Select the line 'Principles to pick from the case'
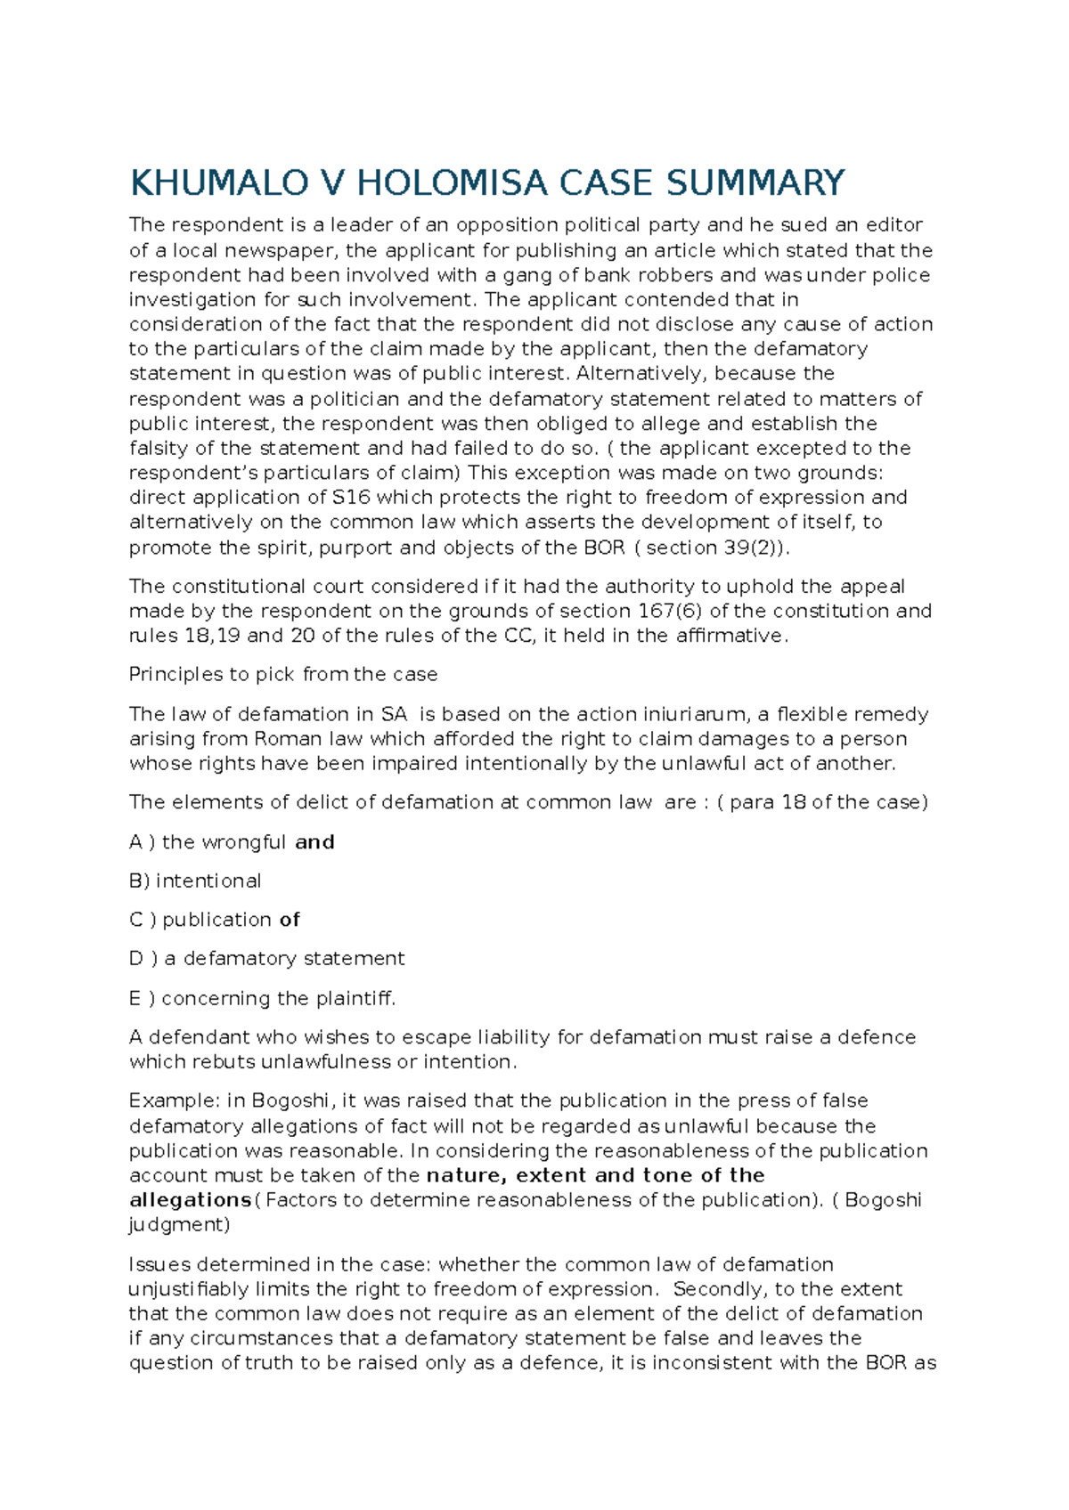click(283, 675)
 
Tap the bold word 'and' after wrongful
click(314, 842)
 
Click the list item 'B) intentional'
click(195, 881)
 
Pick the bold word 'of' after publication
click(290, 920)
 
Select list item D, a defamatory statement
click(267, 959)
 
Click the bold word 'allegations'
click(190, 1200)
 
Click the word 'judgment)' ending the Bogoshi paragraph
click(179, 1225)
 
